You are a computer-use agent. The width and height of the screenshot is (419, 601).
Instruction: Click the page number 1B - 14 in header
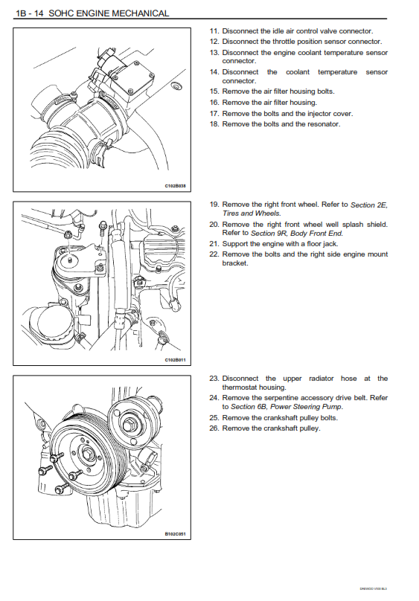(30, 13)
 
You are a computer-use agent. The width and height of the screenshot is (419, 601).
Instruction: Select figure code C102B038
(175, 186)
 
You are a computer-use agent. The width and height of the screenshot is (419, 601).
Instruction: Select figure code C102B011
(175, 360)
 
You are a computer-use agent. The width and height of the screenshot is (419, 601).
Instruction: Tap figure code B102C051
(175, 534)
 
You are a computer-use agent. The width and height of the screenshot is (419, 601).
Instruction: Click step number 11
(214, 31)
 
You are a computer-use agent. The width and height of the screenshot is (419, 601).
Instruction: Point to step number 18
(214, 124)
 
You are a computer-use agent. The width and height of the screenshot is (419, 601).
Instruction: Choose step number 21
(214, 244)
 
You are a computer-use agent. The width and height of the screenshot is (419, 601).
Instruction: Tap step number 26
(214, 428)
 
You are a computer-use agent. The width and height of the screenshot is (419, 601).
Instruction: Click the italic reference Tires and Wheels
(252, 213)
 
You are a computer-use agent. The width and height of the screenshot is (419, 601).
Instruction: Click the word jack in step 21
(330, 244)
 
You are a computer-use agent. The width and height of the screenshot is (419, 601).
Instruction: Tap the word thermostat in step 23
(240, 388)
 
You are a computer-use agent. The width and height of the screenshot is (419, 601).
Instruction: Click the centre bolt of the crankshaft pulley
(88, 454)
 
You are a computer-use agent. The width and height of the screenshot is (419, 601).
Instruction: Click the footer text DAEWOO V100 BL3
(374, 589)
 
